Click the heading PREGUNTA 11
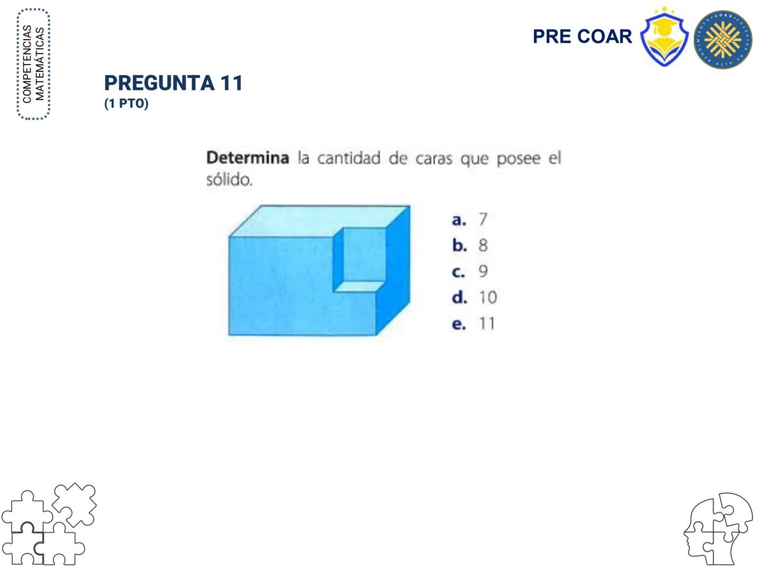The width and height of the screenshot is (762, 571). pyautogui.click(x=173, y=83)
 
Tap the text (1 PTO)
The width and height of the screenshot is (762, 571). pyautogui.click(x=126, y=104)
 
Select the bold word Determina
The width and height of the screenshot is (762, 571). pyautogui.click(x=247, y=158)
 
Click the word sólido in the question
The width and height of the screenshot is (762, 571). pyautogui.click(x=229, y=180)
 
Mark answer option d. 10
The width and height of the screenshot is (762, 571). pyautogui.click(x=474, y=297)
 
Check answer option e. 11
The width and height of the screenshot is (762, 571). pyautogui.click(x=473, y=324)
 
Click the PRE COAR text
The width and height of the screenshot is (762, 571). pyautogui.click(x=582, y=36)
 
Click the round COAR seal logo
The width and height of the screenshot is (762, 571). pyautogui.click(x=723, y=40)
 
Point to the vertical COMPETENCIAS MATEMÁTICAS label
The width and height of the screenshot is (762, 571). pyautogui.click(x=33, y=64)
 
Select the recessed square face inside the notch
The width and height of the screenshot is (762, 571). pyautogui.click(x=364, y=255)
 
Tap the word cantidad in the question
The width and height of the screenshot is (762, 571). pyautogui.click(x=349, y=158)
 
